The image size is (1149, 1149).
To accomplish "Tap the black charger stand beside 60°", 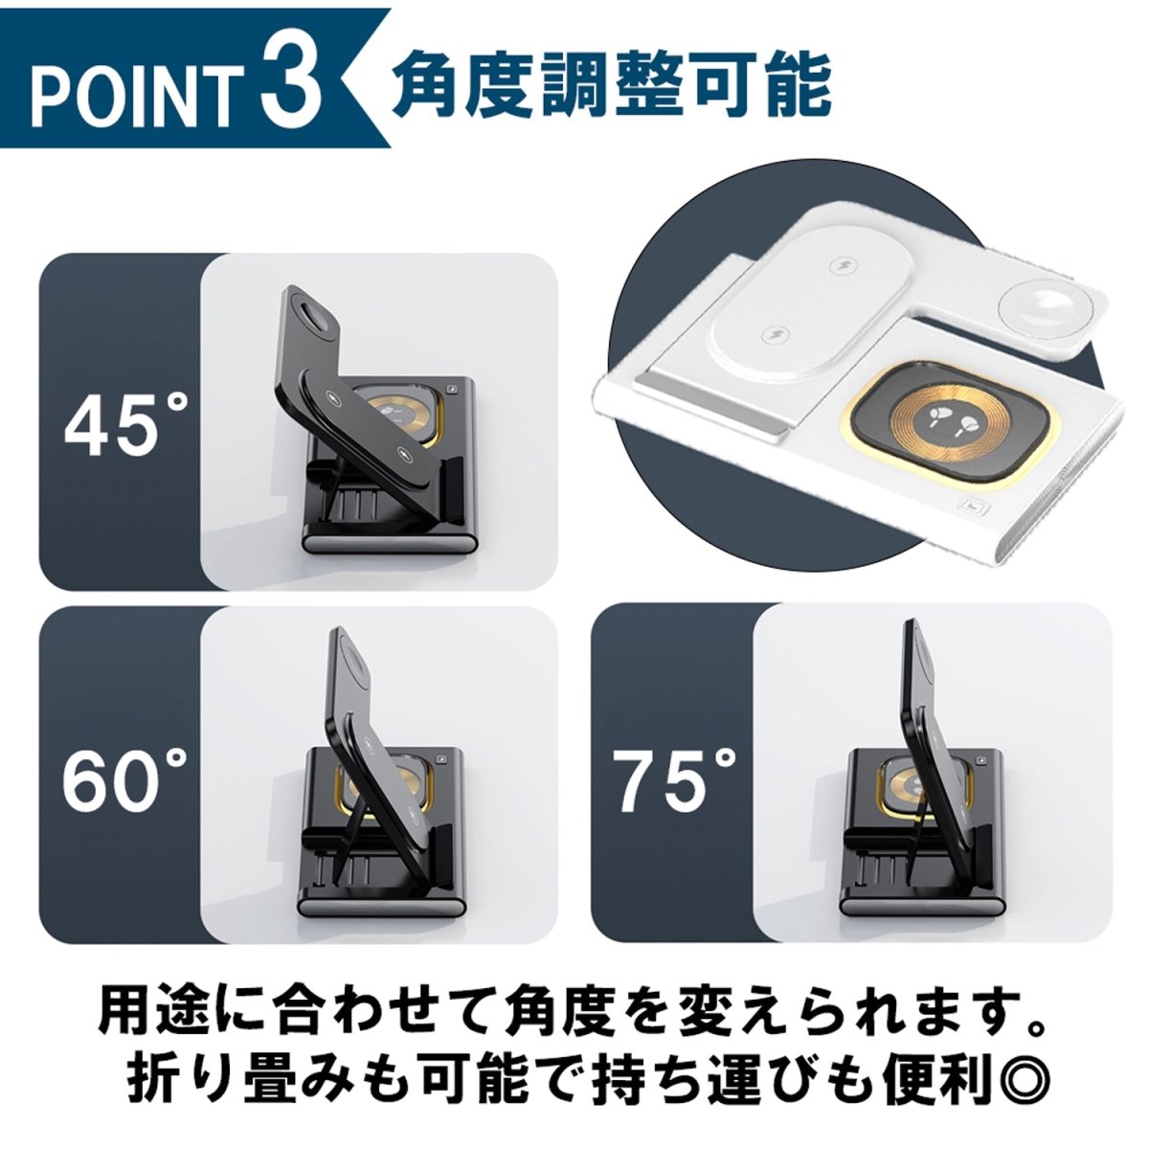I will pos(383,785).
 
